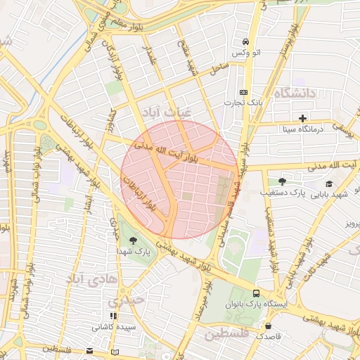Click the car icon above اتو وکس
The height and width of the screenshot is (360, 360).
click(x=244, y=41)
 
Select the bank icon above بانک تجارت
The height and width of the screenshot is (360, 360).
click(x=243, y=92)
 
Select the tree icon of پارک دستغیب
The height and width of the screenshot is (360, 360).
click(x=283, y=181)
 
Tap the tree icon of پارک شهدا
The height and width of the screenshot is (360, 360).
click(x=133, y=240)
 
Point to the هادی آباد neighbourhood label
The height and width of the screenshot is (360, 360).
click(x=85, y=278)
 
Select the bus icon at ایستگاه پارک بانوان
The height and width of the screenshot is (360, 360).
click(x=255, y=293)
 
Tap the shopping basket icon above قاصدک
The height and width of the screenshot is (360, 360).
click(x=268, y=326)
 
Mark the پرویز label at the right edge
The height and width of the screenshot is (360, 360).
click(x=351, y=224)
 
